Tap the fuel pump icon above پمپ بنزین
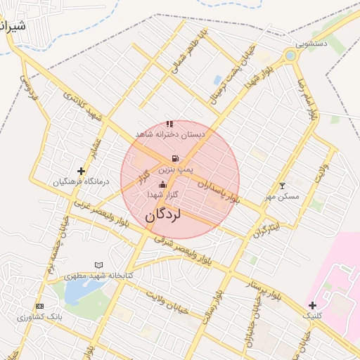(174, 159)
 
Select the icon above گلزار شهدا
(163, 184)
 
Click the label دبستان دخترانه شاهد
(170, 134)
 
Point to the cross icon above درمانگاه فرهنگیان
(82, 171)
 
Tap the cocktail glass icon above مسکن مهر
(283, 186)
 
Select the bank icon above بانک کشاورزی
(39, 307)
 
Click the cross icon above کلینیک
(311, 305)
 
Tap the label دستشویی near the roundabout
(311, 44)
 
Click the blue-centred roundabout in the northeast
(290, 55)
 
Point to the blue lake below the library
(76, 292)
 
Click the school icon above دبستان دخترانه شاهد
(169, 124)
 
